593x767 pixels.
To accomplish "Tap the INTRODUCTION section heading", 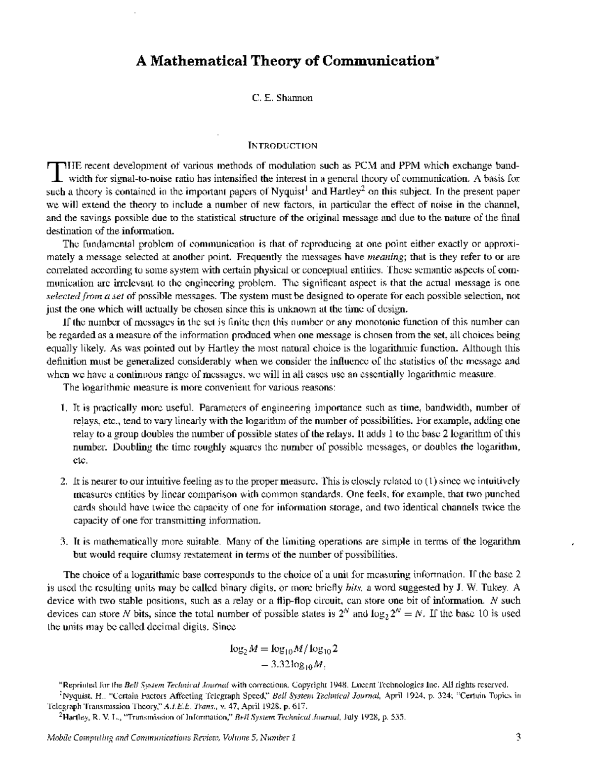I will [282, 146].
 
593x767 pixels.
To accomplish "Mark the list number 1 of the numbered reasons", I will [63, 408].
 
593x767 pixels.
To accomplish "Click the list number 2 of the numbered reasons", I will [63, 481].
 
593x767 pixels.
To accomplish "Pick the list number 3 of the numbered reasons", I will [63, 541].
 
